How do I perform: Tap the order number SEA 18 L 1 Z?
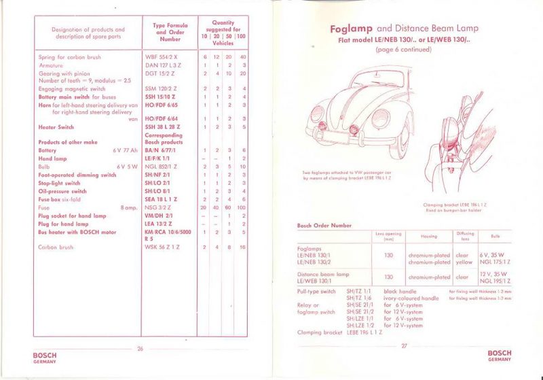click(x=161, y=198)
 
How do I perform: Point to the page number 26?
click(x=141, y=349)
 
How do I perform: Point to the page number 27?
click(x=404, y=346)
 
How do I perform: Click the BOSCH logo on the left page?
click(x=45, y=357)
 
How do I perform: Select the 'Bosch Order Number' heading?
click(x=323, y=225)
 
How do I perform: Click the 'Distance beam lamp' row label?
click(x=323, y=274)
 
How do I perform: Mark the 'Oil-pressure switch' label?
click(x=62, y=191)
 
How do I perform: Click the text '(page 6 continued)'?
click(x=404, y=50)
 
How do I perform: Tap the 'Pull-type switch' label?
click(x=316, y=291)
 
